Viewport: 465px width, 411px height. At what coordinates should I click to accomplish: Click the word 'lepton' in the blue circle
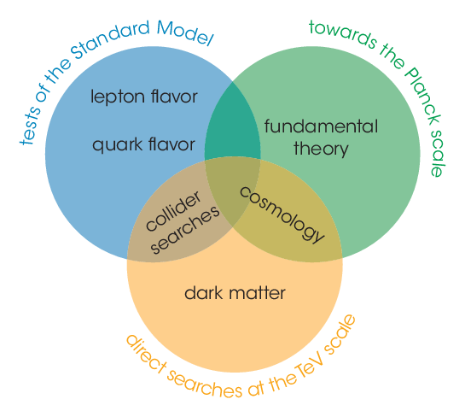[x=118, y=97]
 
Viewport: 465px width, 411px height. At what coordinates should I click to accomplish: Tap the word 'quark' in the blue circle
[x=118, y=145]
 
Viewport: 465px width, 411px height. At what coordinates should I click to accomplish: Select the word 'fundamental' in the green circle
[x=321, y=126]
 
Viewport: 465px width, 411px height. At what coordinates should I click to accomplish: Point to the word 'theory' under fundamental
[x=321, y=150]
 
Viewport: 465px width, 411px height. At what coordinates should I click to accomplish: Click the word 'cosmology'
[x=282, y=214]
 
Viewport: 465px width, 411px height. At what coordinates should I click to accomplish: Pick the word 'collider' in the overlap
[x=173, y=211]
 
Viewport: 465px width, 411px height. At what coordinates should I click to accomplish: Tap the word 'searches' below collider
[x=185, y=231]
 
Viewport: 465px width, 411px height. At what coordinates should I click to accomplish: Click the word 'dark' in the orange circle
[x=203, y=293]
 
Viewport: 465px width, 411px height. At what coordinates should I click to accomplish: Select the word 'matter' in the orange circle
[x=257, y=293]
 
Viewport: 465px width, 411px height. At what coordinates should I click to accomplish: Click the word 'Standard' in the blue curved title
[x=110, y=39]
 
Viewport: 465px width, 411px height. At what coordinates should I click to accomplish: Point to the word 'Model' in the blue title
[x=185, y=33]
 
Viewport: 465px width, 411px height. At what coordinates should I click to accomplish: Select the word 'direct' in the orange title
[x=145, y=354]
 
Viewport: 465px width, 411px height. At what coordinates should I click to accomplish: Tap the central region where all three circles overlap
[x=232, y=190]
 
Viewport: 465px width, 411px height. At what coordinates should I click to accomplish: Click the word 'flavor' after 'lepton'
[x=174, y=96]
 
